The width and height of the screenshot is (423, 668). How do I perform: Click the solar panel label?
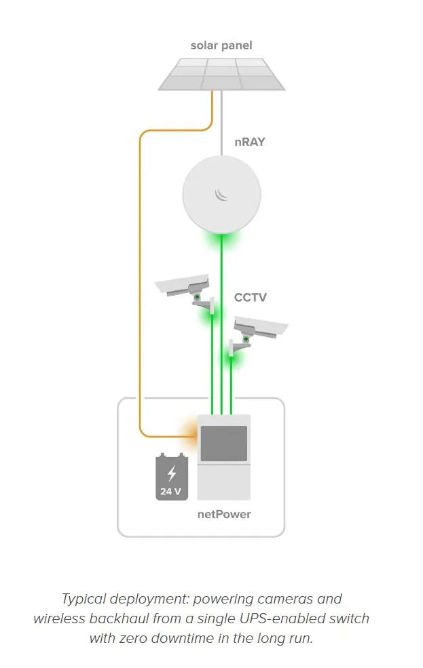pyautogui.click(x=221, y=45)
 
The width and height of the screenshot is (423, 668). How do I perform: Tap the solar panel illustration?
pyautogui.click(x=221, y=74)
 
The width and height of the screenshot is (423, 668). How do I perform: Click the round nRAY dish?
pyautogui.click(x=221, y=193)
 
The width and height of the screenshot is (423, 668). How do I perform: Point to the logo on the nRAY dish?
pyautogui.click(x=221, y=194)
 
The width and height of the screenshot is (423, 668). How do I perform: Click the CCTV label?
pyautogui.click(x=251, y=297)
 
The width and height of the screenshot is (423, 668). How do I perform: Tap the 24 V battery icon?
pyautogui.click(x=172, y=477)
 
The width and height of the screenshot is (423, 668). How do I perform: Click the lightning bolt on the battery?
pyautogui.click(x=172, y=473)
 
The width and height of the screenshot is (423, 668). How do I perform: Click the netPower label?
pyautogui.click(x=224, y=514)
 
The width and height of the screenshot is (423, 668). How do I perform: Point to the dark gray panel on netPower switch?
pyautogui.click(x=223, y=444)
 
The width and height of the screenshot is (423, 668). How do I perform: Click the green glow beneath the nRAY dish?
pyautogui.click(x=221, y=240)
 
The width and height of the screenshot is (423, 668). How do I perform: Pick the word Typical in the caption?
pyautogui.click(x=84, y=599)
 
